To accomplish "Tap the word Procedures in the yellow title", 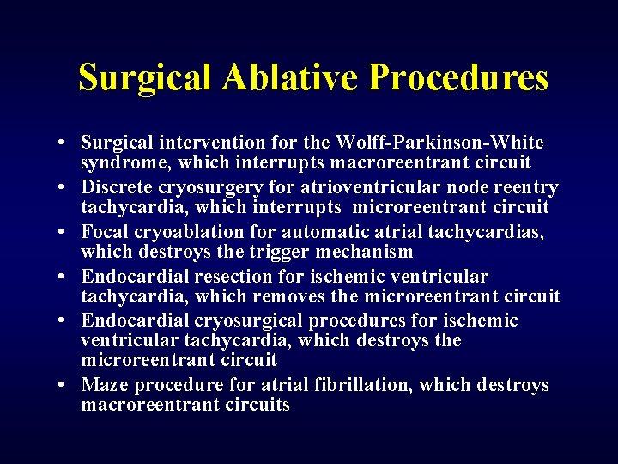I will point(458,77).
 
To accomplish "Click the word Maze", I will point(104,385).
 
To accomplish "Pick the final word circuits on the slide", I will point(257,404).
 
